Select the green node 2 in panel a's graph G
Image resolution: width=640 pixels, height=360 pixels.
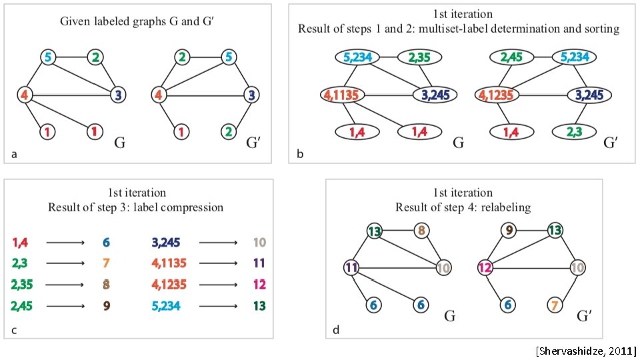[x=96, y=58]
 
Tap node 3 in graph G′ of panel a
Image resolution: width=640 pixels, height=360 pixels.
[x=250, y=95]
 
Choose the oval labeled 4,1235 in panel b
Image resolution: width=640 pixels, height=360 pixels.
[x=495, y=95]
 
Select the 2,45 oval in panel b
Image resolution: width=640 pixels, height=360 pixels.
[x=495, y=58]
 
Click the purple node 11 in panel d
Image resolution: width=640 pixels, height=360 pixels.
[x=352, y=269]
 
